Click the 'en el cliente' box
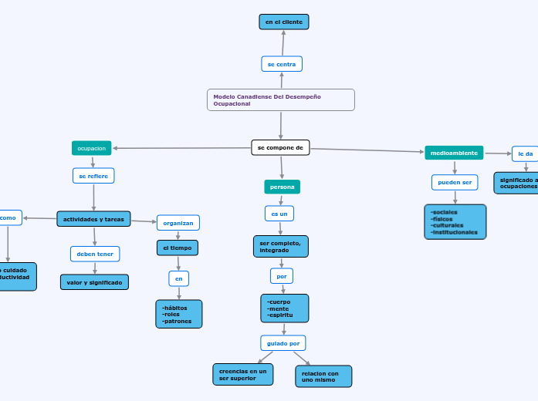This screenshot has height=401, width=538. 283,22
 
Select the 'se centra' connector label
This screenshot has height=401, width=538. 282,64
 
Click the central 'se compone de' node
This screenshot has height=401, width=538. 280,147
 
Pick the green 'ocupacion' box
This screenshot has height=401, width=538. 92,147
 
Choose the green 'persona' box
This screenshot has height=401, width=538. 282,187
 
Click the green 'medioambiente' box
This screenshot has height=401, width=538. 454,153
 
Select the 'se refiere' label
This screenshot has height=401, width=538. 93,176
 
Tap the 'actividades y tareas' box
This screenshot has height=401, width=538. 93,219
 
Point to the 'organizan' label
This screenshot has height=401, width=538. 178,223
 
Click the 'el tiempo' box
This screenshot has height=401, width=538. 178,248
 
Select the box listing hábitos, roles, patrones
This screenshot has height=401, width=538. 178,314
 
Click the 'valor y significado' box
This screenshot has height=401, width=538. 94,282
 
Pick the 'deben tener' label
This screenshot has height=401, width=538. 95,254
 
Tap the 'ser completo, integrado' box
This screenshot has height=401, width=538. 280,246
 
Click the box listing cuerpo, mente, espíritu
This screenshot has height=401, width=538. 284,308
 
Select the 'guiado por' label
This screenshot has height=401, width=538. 283,342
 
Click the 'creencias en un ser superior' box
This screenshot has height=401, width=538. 242,374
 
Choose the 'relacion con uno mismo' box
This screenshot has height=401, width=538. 323,376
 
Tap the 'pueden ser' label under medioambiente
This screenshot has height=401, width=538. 455,182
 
